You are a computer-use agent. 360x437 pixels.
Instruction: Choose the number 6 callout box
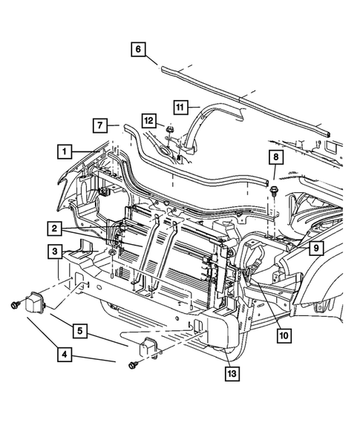[139, 50]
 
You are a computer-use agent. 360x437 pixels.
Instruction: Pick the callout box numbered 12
[149, 119]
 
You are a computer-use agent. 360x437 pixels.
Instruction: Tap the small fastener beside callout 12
[169, 131]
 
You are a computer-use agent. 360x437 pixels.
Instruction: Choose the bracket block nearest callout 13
[148, 346]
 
